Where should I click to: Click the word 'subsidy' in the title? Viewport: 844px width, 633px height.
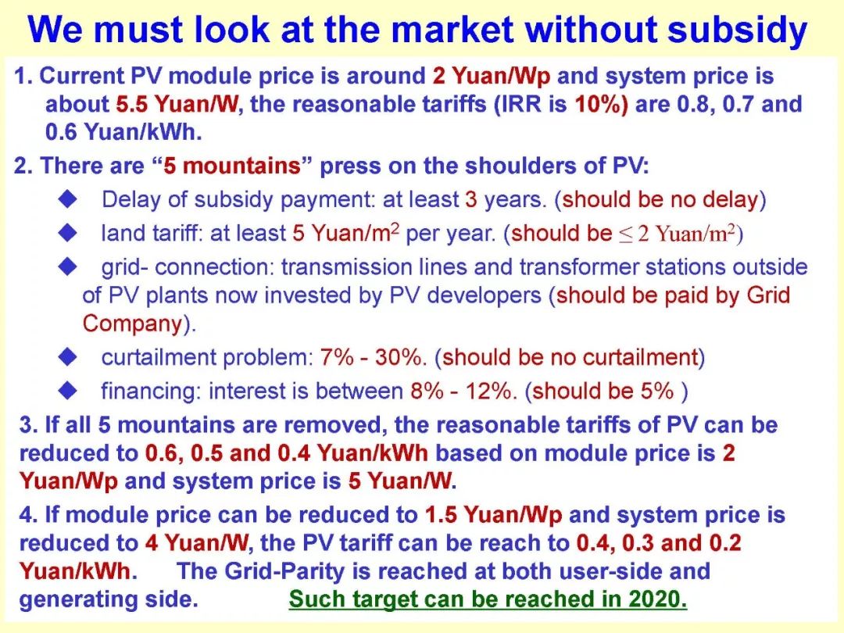738,30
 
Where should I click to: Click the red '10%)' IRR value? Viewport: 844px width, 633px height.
601,104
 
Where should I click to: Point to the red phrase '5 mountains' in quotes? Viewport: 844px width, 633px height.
232,165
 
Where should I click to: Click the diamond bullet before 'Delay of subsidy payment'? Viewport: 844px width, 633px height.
68,199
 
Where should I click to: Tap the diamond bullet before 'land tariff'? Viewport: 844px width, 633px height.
68,233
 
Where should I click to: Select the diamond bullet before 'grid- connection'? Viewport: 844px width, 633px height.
68,266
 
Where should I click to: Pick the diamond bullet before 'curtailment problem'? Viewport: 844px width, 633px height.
68,356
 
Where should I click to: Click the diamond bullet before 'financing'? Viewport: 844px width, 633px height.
68,390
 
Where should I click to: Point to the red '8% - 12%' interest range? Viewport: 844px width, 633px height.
460,391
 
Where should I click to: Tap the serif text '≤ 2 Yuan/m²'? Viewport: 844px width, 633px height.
677,233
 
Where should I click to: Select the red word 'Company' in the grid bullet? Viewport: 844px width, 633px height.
133,324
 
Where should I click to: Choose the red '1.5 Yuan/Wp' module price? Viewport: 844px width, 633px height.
494,515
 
